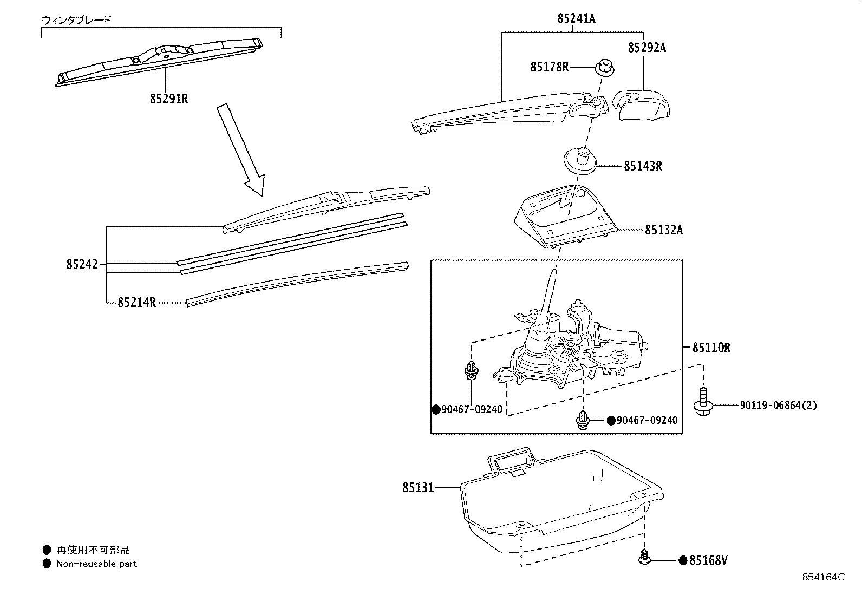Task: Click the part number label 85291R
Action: [x=169, y=99]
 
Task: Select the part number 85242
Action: [x=82, y=265]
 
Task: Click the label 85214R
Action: [x=136, y=303]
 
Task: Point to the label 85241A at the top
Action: [x=576, y=18]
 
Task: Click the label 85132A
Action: [x=663, y=230]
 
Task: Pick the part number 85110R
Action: [x=710, y=348]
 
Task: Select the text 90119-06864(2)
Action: [x=778, y=405]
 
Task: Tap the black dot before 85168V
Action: [x=683, y=560]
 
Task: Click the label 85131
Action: [x=418, y=488]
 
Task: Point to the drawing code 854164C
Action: [x=823, y=577]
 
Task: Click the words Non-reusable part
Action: [x=96, y=564]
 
